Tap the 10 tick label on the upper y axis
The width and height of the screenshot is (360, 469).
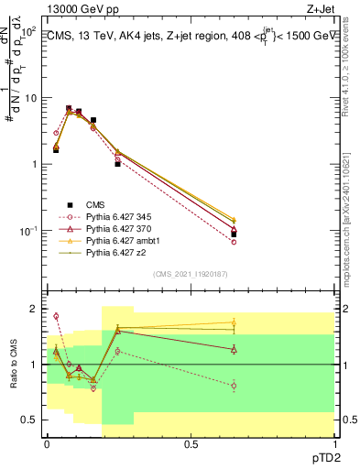coord(28,98)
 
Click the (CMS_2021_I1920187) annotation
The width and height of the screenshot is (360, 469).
coord(191,273)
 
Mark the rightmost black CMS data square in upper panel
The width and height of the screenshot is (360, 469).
coord(234,234)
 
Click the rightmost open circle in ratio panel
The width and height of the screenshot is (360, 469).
coord(234,386)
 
